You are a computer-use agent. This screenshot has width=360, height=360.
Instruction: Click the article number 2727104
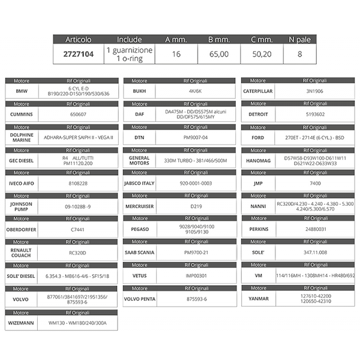pyautogui.click(x=77, y=54)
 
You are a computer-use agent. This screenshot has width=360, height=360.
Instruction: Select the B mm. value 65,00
pyautogui.click(x=218, y=54)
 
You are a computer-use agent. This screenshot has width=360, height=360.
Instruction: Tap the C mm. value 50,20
pyautogui.click(x=262, y=54)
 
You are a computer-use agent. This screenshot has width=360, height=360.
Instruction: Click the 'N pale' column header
pyautogui.click(x=299, y=40)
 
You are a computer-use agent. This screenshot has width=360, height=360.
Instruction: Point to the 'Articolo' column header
pyautogui.click(x=77, y=40)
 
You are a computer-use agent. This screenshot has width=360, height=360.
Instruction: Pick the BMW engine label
pyautogui.click(x=21, y=91)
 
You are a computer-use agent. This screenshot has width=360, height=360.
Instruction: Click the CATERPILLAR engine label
pyautogui.click(x=257, y=91)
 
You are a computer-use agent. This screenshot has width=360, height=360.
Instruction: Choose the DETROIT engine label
pyautogui.click(x=257, y=114)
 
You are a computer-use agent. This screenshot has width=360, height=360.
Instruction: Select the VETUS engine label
pyautogui.click(x=139, y=275)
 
